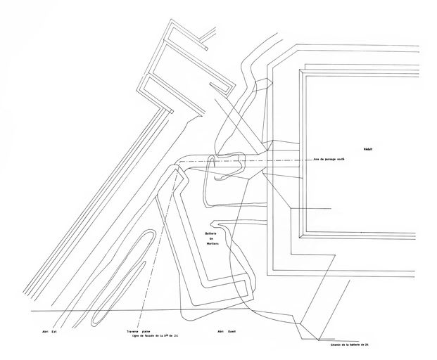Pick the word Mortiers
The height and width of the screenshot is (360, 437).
coord(214,247)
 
